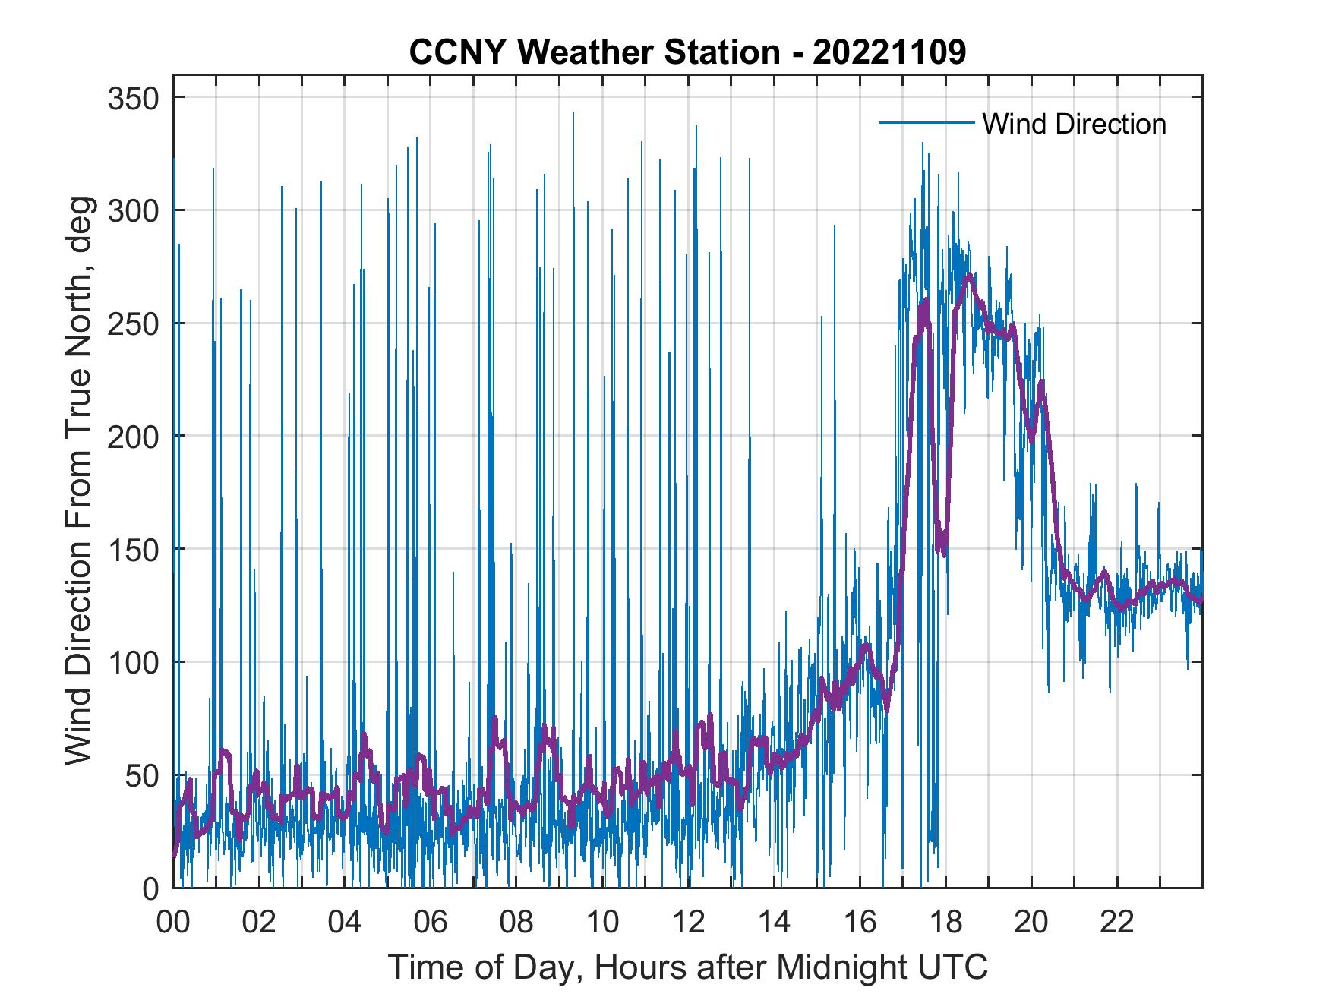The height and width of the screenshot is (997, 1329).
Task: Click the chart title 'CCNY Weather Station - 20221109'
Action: (687, 52)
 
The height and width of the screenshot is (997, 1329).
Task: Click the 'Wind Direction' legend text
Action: (1074, 124)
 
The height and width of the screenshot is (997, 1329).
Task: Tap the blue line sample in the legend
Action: (926, 123)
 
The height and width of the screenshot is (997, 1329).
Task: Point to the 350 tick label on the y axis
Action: (133, 98)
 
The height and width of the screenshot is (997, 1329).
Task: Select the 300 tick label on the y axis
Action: (133, 210)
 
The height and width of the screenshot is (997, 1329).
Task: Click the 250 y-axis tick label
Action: (133, 323)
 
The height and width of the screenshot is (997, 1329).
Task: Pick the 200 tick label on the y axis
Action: (133, 437)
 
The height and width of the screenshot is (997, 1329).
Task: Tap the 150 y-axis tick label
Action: (133, 550)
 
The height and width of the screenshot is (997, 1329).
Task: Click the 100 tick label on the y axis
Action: (133, 662)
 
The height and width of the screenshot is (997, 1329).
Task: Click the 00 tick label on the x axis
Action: (173, 923)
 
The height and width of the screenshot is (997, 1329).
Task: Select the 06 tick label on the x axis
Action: (431, 923)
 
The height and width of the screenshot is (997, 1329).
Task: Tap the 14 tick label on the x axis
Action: (774, 923)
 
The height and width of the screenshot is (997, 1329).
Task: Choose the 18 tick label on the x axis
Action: (945, 923)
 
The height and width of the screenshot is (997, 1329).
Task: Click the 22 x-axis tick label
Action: (1117, 923)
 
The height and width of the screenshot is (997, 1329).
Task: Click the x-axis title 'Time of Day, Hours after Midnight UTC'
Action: (687, 968)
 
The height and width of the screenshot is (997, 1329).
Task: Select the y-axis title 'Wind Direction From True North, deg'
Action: (78, 481)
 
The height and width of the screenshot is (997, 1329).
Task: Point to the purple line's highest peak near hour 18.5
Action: (968, 276)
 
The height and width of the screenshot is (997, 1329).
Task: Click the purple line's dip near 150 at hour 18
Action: (943, 553)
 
